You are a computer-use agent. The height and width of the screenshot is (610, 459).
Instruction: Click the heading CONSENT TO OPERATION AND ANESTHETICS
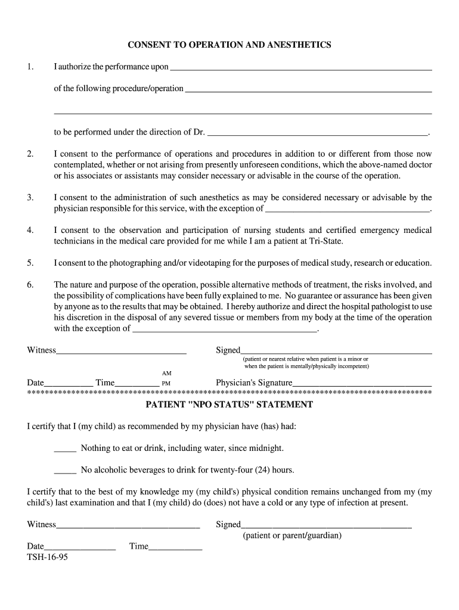coord(229,45)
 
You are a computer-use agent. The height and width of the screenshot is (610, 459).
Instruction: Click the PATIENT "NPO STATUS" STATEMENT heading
coord(229,404)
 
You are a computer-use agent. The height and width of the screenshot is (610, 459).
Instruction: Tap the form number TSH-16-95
coord(47,559)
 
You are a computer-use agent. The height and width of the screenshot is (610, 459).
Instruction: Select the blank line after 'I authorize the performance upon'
coord(300,68)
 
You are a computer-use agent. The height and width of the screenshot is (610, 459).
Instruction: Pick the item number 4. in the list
coord(30,231)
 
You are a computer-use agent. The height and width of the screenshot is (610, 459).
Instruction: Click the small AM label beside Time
coord(167,373)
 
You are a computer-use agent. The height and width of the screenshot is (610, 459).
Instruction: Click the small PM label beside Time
coord(167,384)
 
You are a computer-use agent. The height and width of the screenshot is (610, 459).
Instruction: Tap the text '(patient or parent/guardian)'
coord(292,536)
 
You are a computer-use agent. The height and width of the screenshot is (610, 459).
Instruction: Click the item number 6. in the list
coord(30,285)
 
